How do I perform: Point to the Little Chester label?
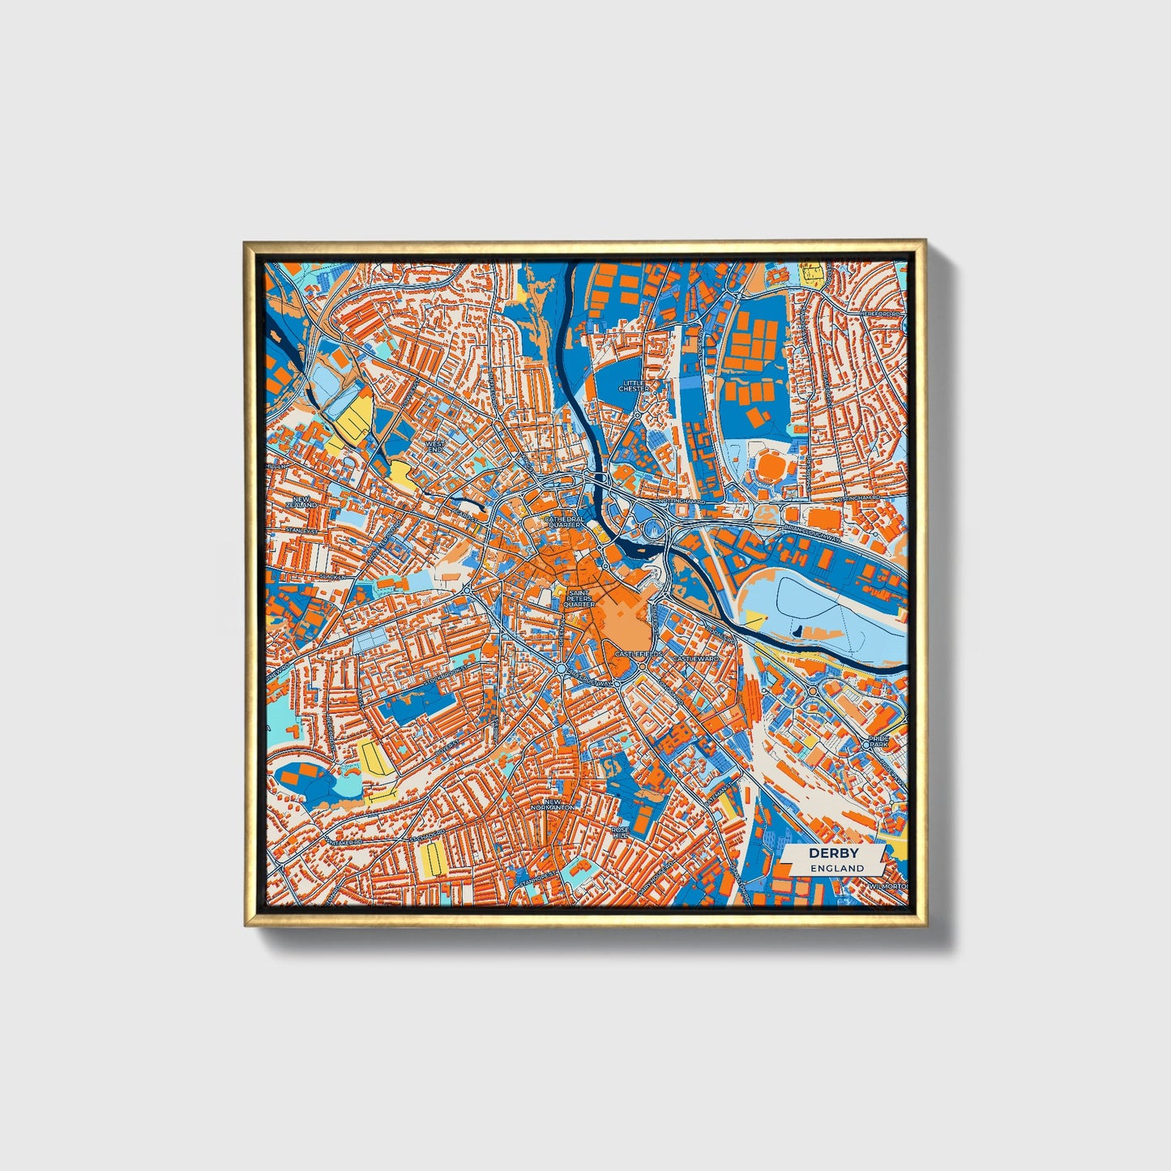click(x=634, y=386)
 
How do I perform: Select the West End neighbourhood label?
click(x=435, y=447)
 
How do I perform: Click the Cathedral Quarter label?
click(x=563, y=521)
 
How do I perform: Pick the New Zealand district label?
click(x=302, y=502)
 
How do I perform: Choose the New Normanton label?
click(x=552, y=805)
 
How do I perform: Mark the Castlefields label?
click(x=639, y=653)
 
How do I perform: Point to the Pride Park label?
click(x=878, y=741)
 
